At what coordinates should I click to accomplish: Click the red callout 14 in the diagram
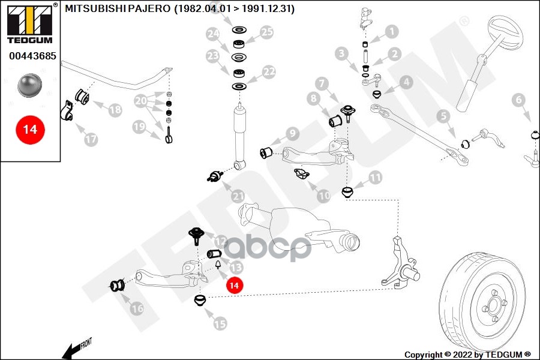tap(234, 286)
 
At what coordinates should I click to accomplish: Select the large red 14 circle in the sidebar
tap(30, 129)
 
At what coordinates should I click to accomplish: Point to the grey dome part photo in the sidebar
tap(29, 85)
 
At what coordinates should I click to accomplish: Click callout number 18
tap(115, 109)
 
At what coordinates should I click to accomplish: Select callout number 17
tap(90, 139)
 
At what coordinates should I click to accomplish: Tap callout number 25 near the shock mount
tap(266, 32)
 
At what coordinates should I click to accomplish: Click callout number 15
tap(220, 323)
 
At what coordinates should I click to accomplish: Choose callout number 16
tap(137, 308)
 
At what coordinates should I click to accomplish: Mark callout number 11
tap(374, 177)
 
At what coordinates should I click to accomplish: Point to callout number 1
tap(391, 32)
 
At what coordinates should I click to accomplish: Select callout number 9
tap(292, 133)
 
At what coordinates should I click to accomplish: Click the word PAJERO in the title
tap(150, 9)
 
